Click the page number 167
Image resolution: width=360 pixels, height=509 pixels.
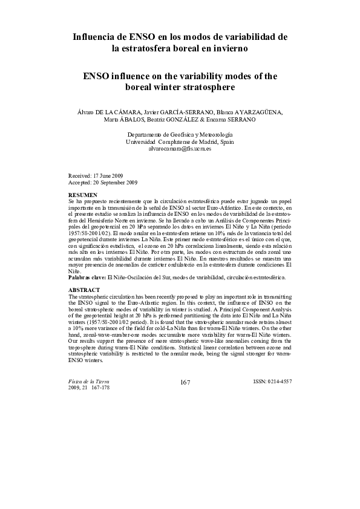(186, 382)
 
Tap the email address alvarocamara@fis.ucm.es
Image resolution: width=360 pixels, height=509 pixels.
(180, 148)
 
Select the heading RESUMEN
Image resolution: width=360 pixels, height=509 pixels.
(82, 195)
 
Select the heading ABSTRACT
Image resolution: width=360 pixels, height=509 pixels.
(84, 290)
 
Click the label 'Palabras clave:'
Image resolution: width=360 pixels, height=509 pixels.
(87, 277)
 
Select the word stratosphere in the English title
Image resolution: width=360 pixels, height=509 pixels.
(206, 87)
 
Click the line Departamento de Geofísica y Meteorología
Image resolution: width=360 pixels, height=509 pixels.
(180, 134)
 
